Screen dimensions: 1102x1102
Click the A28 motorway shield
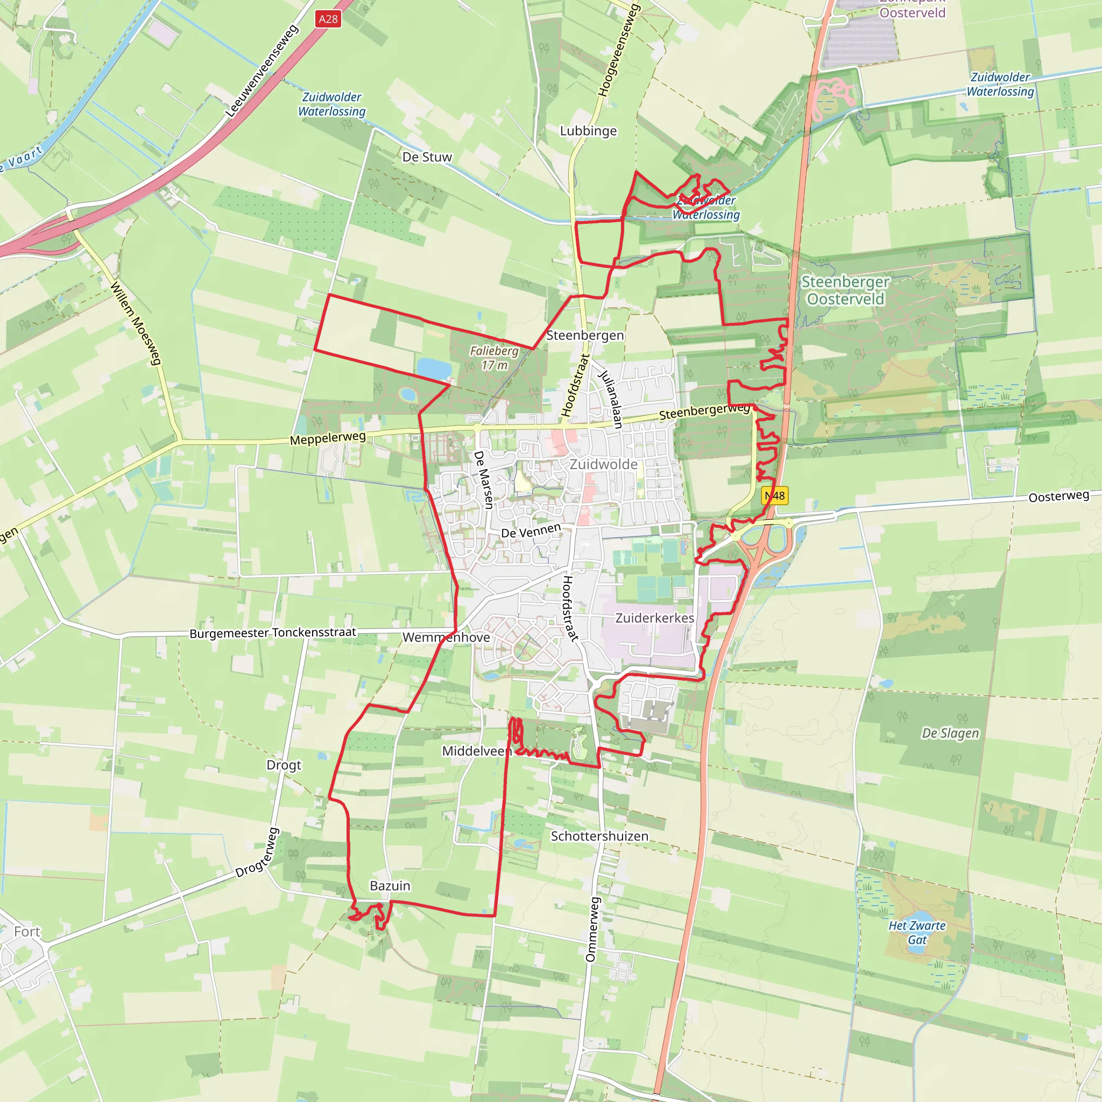click(x=328, y=19)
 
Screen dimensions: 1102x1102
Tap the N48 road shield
click(x=775, y=496)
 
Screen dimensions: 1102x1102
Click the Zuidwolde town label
click(x=604, y=464)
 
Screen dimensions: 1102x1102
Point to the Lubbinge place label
click(x=588, y=131)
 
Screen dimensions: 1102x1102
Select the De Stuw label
click(x=427, y=157)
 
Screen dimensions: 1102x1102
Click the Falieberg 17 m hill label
click(x=494, y=358)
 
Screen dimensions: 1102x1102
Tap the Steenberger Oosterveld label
click(x=845, y=291)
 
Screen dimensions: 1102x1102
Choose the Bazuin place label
click(x=390, y=886)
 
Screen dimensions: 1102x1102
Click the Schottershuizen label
click(x=599, y=836)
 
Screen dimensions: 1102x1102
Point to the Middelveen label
click(x=477, y=751)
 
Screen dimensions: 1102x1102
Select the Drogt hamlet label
click(x=284, y=765)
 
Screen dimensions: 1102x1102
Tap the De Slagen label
click(x=950, y=733)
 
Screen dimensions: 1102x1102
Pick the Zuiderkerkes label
click(x=654, y=618)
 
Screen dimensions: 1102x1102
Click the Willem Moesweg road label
click(x=136, y=323)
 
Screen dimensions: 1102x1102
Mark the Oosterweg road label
click(x=1058, y=496)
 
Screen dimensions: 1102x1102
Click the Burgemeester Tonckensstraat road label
click(x=273, y=633)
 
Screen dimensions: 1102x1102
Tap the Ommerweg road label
click(x=592, y=929)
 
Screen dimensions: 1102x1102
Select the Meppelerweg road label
click(x=328, y=438)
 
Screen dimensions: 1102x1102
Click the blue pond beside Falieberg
click(x=434, y=369)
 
